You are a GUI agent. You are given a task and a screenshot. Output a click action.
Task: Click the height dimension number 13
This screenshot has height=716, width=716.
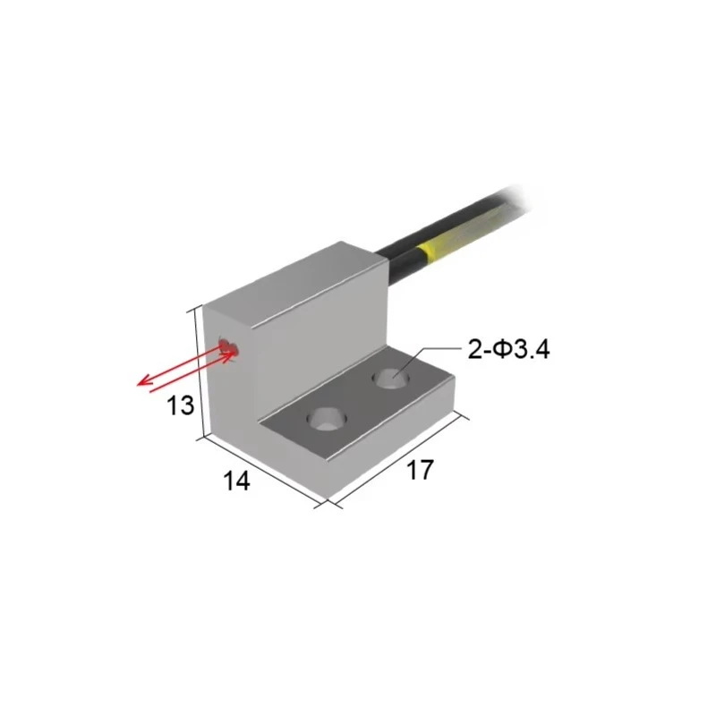point(181,405)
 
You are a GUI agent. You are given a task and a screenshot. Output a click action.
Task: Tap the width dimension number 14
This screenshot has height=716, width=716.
point(235,481)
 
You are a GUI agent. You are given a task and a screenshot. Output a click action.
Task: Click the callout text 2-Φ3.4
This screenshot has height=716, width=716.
point(508,349)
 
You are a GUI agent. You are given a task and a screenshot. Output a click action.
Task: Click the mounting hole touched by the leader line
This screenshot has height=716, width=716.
point(390,379)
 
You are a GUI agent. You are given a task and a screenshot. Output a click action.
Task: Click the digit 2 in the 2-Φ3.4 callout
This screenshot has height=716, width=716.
point(474,349)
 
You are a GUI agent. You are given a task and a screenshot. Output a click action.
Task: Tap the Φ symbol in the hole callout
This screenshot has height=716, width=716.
point(499,349)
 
